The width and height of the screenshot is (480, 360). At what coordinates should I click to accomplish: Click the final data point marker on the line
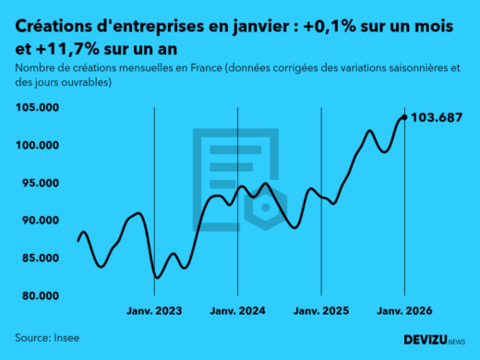pyautogui.click(x=403, y=117)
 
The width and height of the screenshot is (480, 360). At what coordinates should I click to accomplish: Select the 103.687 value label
pyautogui.click(x=437, y=117)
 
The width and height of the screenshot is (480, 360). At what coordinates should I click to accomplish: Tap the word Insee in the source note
pyautogui.click(x=65, y=338)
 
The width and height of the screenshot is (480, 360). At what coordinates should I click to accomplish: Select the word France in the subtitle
pyautogui.click(x=184, y=68)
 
